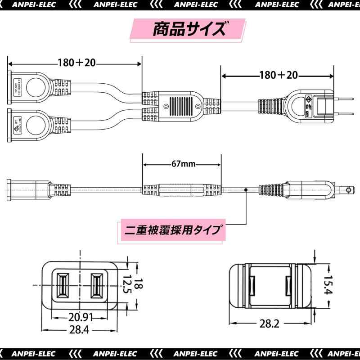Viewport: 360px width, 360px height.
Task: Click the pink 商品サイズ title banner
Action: [x=188, y=30]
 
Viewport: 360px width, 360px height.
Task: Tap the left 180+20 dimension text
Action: [x=76, y=63]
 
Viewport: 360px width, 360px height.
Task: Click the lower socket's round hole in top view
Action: [x=35, y=123]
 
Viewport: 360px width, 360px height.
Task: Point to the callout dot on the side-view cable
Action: [x=246, y=190]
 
